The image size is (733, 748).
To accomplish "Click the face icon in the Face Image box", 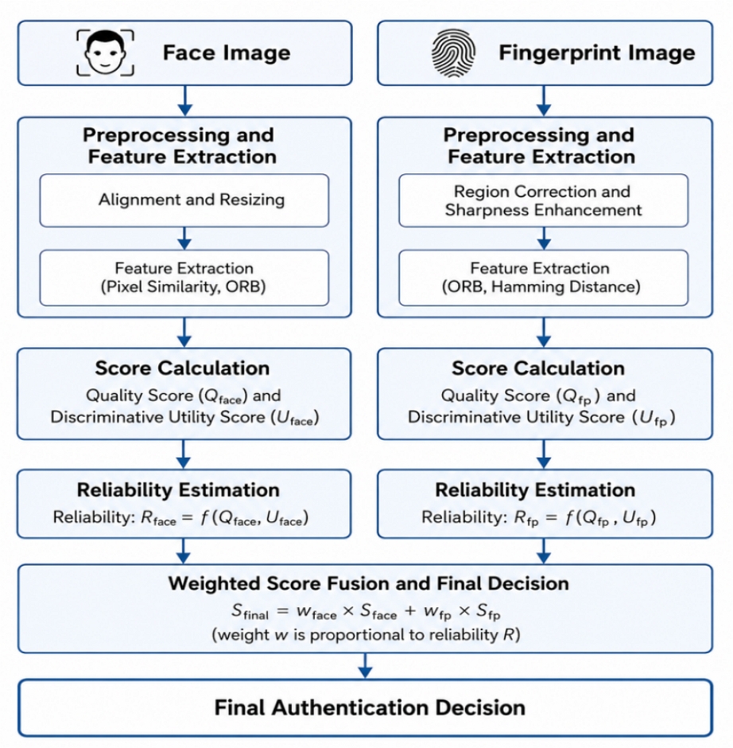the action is pos(105,53).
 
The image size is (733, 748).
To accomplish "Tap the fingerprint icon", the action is pos(453,53).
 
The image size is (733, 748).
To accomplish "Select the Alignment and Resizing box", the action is pos(184,201).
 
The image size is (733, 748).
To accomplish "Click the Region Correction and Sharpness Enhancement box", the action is pos(543,201).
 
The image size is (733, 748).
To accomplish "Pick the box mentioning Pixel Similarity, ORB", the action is pos(184,278).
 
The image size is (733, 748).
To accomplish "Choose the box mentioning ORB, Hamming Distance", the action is pos(543,278).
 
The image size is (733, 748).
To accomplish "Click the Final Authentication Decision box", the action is pos(366,708).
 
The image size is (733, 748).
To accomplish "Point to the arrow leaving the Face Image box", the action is pos(185,100).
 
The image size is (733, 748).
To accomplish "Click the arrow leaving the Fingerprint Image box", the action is pos(544,100).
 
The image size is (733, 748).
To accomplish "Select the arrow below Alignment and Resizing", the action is pos(185,238).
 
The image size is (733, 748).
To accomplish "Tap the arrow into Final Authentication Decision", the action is pos(366,665).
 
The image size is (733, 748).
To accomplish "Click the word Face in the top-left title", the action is pos(183,53).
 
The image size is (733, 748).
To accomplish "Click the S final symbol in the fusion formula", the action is pos(250,612).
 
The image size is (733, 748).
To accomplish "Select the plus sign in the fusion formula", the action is pos(410,611).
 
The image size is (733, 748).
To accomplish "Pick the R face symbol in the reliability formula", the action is pos(158,518).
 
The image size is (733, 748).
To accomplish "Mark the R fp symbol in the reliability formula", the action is pos(526,518).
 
